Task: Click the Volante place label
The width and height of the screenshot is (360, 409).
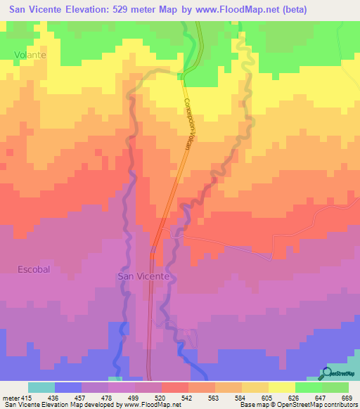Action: coord(30,54)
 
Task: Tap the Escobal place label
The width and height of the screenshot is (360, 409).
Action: coord(33,269)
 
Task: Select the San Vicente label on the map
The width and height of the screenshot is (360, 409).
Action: coord(142,277)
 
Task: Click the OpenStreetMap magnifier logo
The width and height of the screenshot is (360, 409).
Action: coord(326,373)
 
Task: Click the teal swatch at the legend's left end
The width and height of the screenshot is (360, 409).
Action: coord(41,388)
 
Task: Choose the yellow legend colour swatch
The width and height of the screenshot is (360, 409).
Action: coord(281,388)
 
